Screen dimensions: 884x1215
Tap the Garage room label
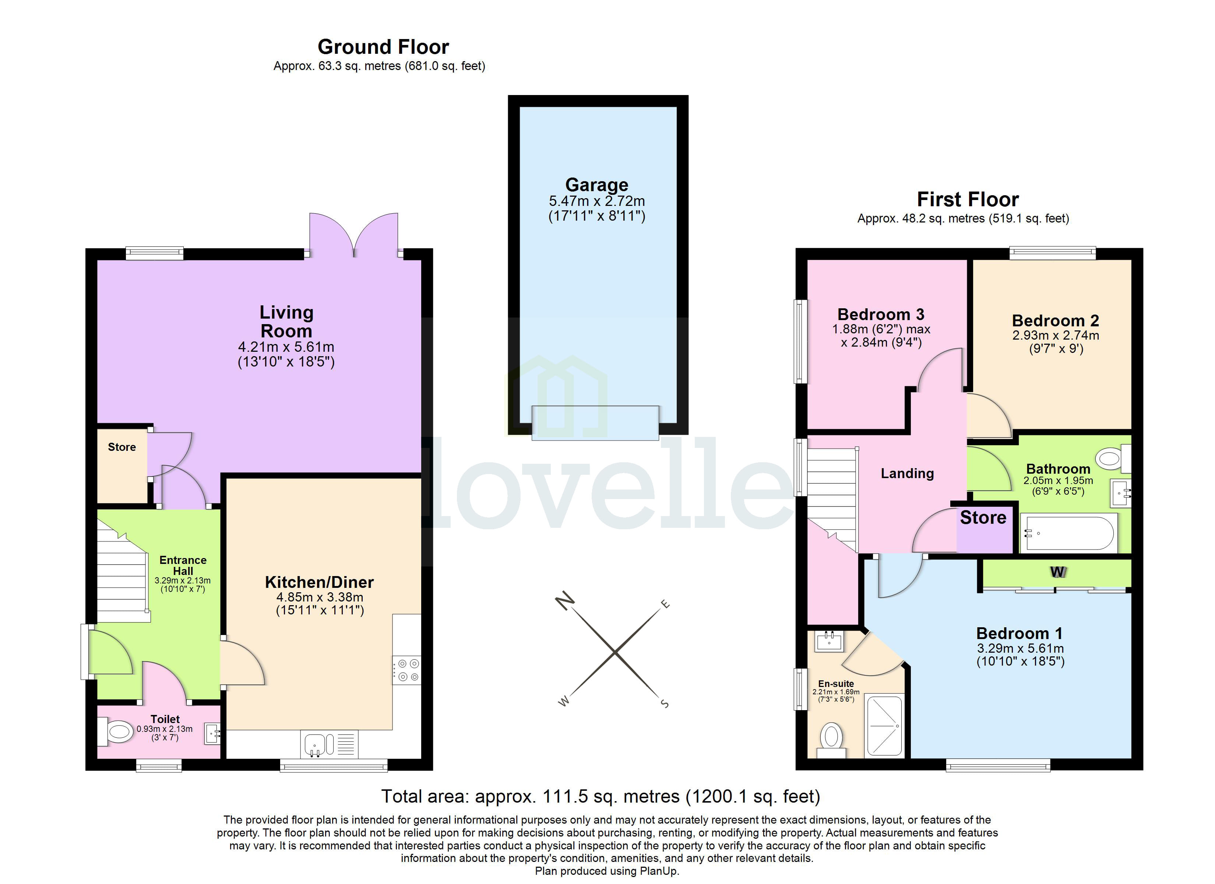(597, 185)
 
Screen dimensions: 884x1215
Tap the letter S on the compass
(665, 704)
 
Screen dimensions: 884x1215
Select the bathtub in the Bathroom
(1069, 533)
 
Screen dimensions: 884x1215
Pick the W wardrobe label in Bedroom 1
(1057, 572)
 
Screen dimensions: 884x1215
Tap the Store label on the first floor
(983, 518)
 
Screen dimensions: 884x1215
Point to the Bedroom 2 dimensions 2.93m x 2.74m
(1055, 336)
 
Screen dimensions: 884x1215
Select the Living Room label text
(286, 322)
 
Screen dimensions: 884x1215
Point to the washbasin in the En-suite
(829, 641)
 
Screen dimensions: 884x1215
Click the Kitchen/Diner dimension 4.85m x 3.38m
(320, 597)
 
